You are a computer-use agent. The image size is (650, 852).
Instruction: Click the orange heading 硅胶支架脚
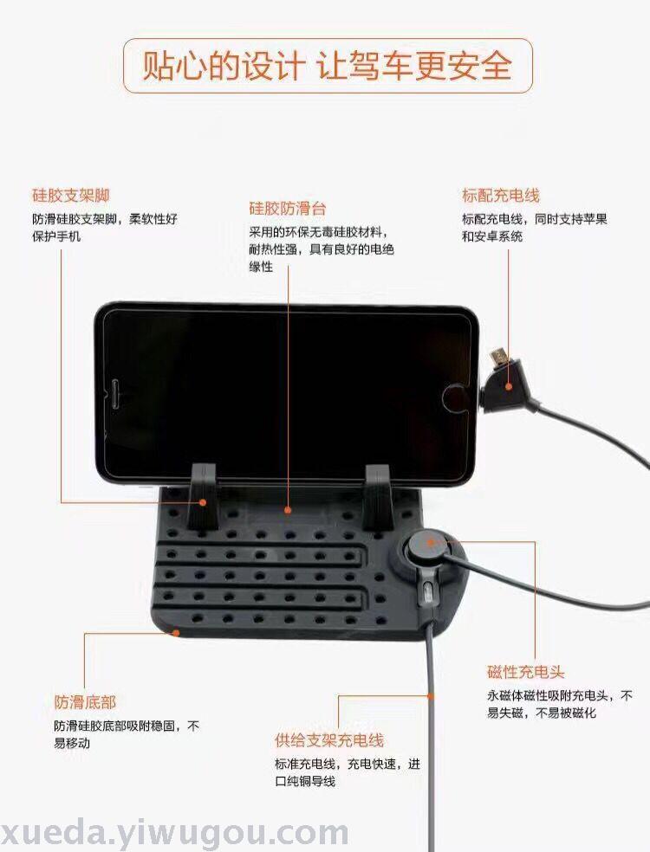click(71, 196)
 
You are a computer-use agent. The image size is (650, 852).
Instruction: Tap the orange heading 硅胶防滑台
click(288, 208)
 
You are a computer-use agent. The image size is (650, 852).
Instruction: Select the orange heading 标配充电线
click(500, 196)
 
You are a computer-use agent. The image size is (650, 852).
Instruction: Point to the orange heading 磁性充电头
click(525, 672)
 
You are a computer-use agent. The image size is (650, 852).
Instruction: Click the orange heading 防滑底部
click(85, 702)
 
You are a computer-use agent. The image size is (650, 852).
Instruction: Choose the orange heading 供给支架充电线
click(329, 740)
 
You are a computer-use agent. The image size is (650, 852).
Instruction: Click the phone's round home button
click(455, 397)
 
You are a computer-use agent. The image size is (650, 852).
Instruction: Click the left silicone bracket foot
click(202, 496)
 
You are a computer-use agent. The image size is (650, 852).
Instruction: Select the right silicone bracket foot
click(379, 497)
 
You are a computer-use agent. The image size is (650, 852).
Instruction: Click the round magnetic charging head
click(429, 545)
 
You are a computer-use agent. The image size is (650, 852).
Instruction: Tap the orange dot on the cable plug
click(509, 387)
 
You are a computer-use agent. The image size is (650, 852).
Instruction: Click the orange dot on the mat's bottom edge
click(176, 632)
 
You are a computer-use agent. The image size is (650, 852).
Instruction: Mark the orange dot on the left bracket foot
click(203, 502)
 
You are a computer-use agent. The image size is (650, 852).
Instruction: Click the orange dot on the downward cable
click(431, 696)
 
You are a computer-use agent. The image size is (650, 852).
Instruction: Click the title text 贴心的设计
click(224, 66)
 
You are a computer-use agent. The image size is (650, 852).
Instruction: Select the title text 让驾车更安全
click(414, 66)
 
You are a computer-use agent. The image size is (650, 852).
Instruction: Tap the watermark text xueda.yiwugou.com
click(174, 832)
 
